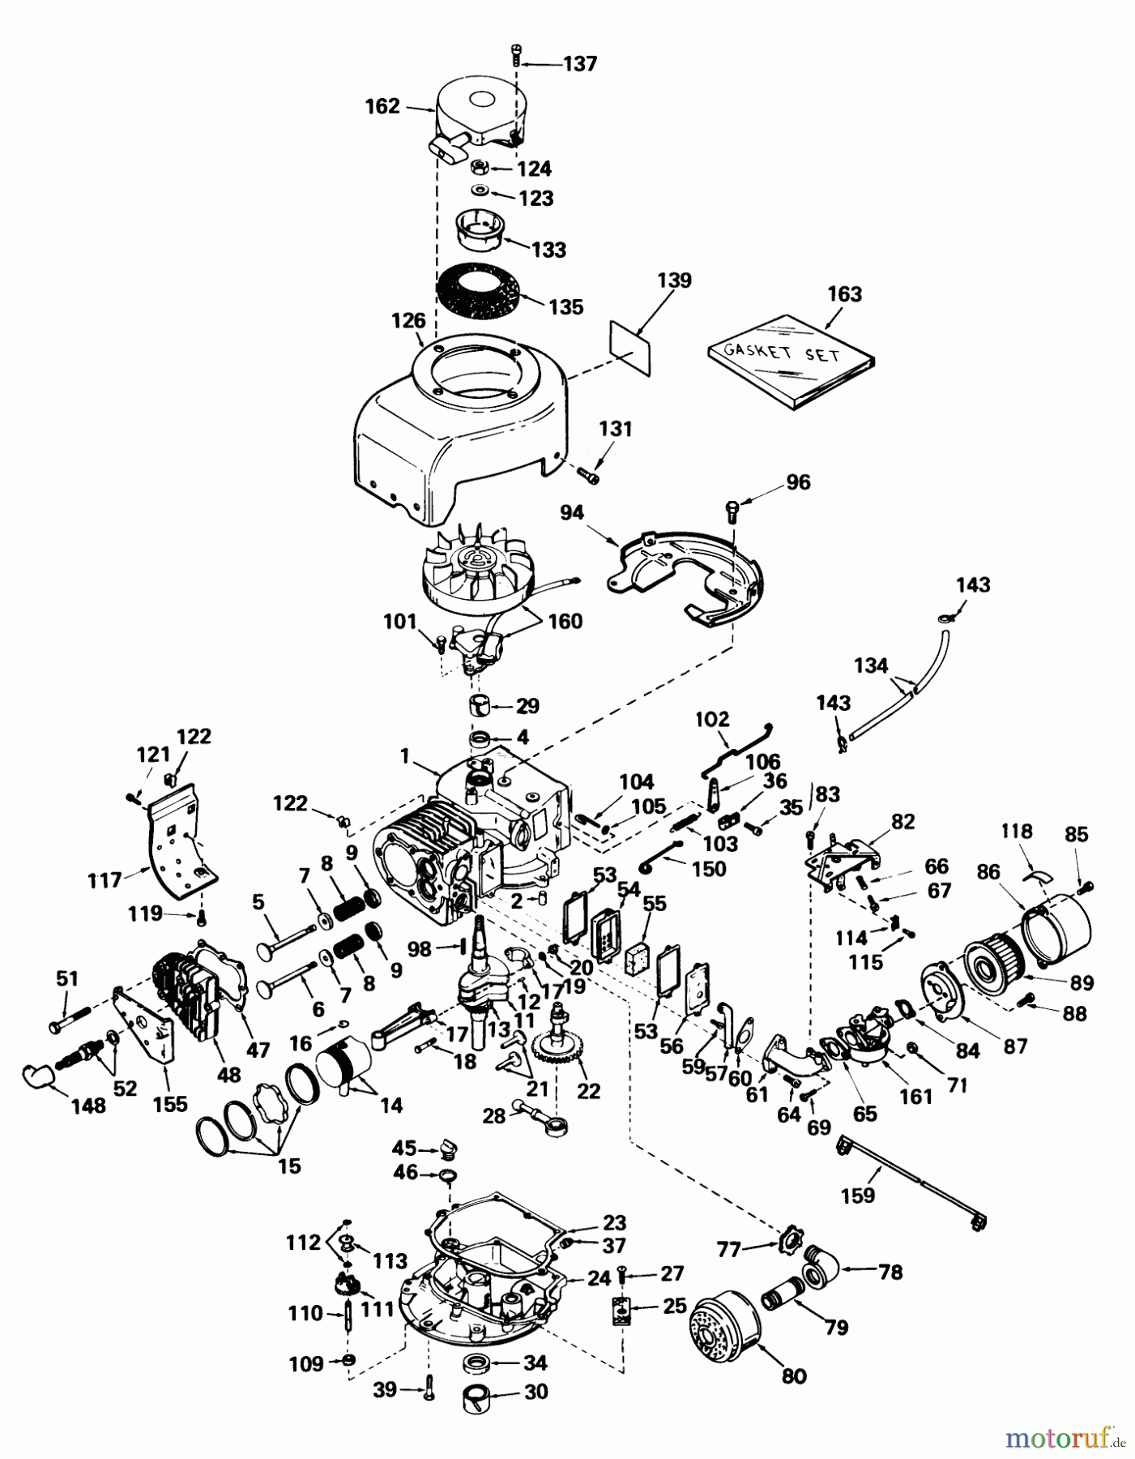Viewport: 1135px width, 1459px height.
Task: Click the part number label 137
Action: tap(579, 63)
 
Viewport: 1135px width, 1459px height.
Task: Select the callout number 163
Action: tap(844, 293)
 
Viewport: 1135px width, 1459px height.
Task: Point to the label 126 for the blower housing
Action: tap(408, 320)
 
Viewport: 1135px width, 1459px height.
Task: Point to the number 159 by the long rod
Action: tap(858, 1195)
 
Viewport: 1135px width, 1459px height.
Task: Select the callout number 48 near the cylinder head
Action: tap(229, 1074)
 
